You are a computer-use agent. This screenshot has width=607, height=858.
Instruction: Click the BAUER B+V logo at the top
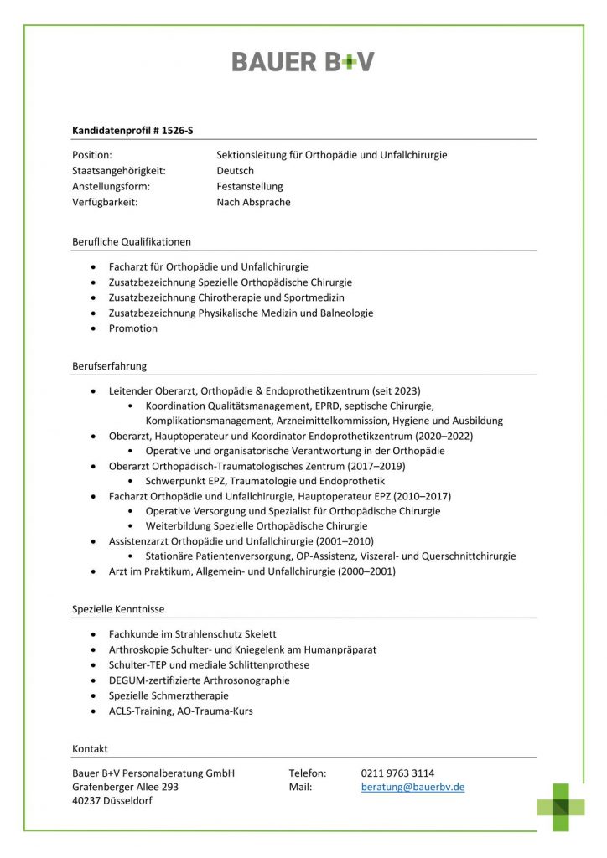point(303,61)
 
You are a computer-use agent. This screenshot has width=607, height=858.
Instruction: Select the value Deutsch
point(235,171)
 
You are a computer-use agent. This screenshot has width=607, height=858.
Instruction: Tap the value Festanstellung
point(250,187)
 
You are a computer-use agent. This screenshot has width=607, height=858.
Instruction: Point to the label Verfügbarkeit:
point(105,203)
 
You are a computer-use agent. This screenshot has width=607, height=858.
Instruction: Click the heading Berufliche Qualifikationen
point(132,242)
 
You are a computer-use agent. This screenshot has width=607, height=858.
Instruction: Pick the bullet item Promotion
point(132,328)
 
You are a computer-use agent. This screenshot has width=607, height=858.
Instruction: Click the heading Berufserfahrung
point(110,366)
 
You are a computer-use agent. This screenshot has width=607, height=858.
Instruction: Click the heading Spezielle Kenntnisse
point(124,609)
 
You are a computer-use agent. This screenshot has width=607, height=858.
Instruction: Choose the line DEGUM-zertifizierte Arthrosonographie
point(199,680)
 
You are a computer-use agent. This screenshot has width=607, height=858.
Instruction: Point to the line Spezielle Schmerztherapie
point(169,696)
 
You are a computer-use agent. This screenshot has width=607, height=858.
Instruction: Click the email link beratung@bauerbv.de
point(412,788)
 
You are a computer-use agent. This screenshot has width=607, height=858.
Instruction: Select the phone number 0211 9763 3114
point(397,773)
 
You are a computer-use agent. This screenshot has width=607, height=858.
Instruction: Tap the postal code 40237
point(88,802)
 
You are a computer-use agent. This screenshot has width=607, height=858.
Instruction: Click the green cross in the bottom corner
point(561,807)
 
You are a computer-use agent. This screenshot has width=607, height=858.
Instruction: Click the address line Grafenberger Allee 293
point(125,788)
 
